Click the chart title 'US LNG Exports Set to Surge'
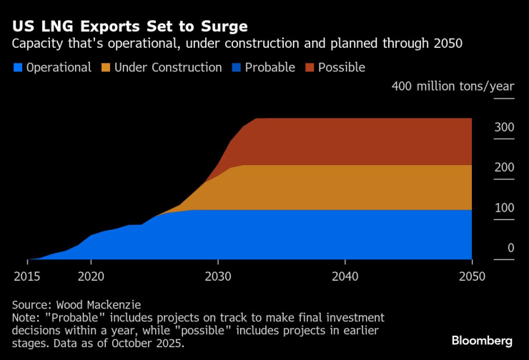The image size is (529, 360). [x=129, y=26]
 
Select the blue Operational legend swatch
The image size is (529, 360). [x=18, y=68]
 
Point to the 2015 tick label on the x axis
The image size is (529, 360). [x=27, y=276]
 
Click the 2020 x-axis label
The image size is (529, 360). [x=91, y=276]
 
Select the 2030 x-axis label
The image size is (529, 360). [x=218, y=276]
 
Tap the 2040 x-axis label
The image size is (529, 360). [x=345, y=276]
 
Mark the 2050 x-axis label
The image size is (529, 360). [x=472, y=276]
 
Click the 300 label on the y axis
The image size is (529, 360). [x=504, y=127]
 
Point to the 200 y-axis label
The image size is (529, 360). [x=504, y=167]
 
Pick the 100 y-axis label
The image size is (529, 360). [x=504, y=208]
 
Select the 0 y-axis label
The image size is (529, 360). [x=510, y=248]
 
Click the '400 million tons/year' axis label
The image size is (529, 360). [x=453, y=86]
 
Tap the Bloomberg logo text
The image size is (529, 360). [x=483, y=340]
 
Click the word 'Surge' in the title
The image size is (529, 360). [x=224, y=26]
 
